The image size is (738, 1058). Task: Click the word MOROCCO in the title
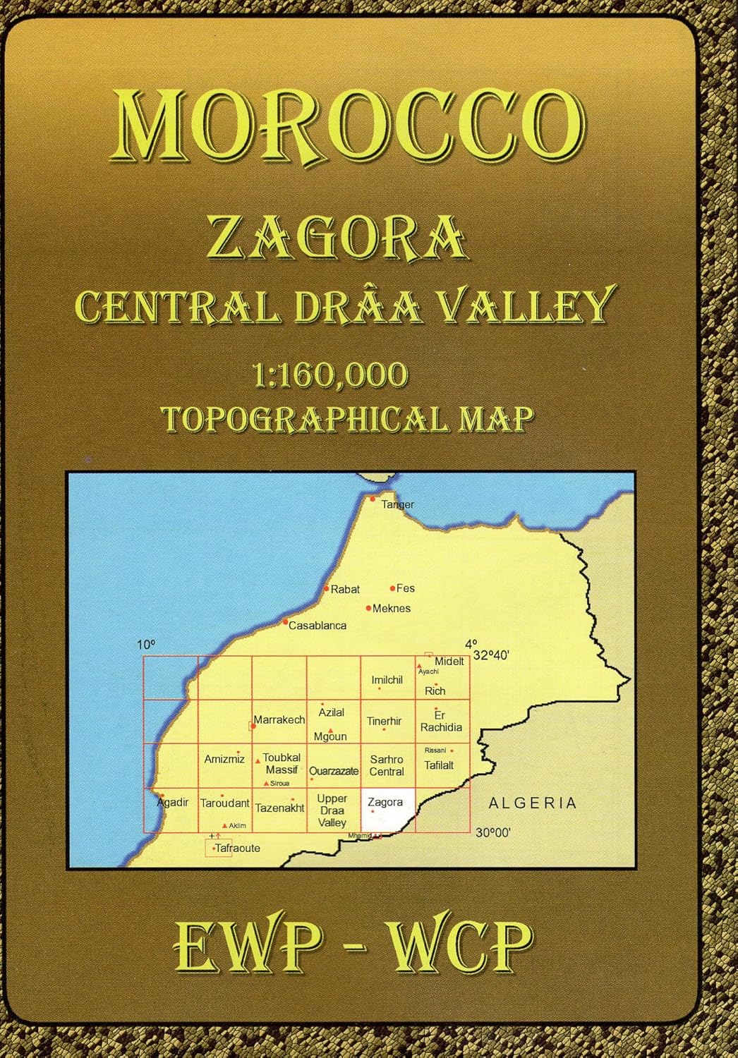(351, 126)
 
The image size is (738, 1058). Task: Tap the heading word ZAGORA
(337, 238)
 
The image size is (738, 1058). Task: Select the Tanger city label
(397, 504)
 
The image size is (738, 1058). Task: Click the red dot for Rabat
(326, 588)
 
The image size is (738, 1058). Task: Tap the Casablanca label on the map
(317, 626)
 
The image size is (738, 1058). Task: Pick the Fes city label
(406, 588)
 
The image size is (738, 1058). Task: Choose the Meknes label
(391, 608)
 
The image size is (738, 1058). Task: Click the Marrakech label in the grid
(279, 720)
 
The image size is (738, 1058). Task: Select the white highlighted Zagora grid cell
(387, 811)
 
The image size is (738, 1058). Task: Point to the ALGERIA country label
(533, 803)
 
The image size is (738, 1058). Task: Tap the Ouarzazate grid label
(334, 771)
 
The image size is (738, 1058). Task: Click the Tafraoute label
(238, 849)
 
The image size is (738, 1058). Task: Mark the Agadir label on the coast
(174, 803)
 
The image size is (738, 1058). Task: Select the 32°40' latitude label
(491, 655)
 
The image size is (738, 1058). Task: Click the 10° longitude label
(145, 645)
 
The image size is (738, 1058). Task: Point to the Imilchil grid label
(387, 680)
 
